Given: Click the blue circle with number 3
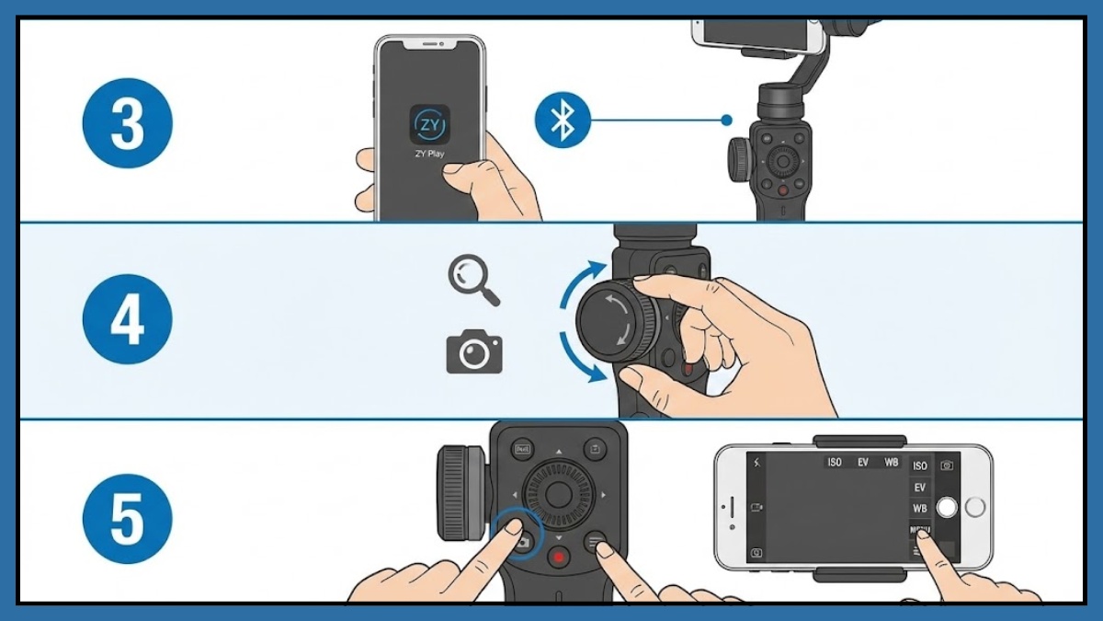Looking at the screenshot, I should (128, 122).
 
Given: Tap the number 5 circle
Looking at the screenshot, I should (128, 518).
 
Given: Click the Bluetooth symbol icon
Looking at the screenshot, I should (562, 121).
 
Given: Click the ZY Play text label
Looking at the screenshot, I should (428, 154).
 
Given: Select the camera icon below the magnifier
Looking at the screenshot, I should (473, 353).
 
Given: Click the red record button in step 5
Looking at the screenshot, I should (558, 557).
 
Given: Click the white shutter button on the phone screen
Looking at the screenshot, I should (947, 507).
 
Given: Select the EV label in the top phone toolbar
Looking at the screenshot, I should (862, 462).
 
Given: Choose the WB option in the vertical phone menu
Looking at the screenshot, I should (919, 509).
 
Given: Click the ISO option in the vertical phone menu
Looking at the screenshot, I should (919, 466).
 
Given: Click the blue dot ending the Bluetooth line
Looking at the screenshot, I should (726, 121).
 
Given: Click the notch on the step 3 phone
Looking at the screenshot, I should (429, 44).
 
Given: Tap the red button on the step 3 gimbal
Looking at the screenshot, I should (782, 190).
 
